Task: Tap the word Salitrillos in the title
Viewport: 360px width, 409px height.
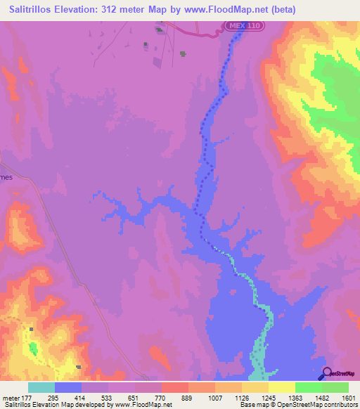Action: tap(31, 9)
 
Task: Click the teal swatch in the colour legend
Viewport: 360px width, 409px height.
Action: tap(41, 387)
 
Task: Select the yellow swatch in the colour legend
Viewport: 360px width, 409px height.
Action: tap(281, 387)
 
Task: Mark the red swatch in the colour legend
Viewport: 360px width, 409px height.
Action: tap(174, 387)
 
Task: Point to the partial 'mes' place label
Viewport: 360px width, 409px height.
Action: tap(6, 178)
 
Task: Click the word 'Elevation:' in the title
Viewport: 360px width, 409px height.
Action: tap(81, 9)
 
